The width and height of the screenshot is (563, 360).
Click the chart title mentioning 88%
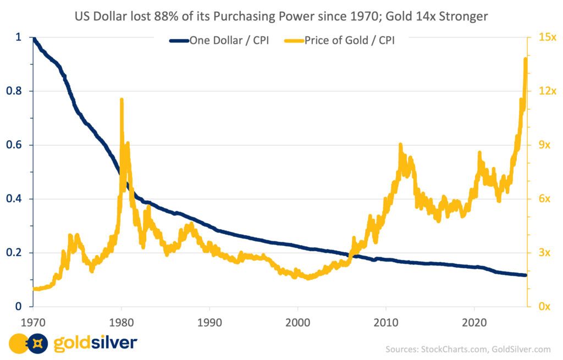point(281,16)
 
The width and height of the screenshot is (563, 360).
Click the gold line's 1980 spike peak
point(121,99)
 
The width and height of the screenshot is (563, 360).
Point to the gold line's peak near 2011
point(400,145)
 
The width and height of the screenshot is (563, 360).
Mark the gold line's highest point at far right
point(526,59)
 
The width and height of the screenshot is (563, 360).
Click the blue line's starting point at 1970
point(34,38)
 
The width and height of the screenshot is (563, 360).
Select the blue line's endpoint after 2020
point(525,275)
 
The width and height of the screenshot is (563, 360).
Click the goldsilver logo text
point(95,344)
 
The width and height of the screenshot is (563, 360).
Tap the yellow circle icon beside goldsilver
point(17,344)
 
